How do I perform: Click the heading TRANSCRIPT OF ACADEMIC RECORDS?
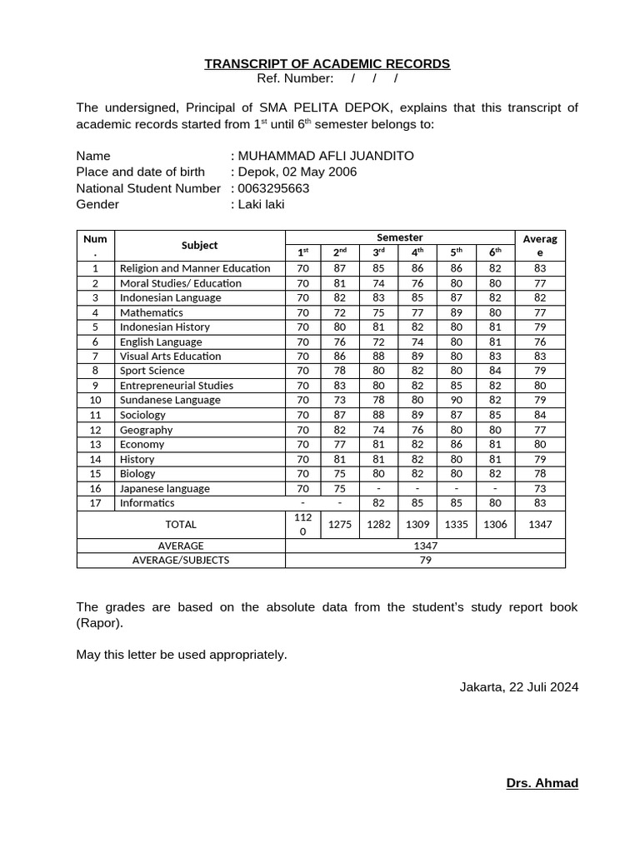pos(327,64)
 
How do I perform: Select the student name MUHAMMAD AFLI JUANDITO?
pos(326,156)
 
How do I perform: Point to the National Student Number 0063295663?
pos(273,188)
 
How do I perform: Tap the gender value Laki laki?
pos(262,204)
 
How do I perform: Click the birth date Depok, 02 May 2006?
pos(297,172)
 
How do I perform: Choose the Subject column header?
pos(199,245)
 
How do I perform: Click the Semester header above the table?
pos(400,237)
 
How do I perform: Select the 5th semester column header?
pos(456,252)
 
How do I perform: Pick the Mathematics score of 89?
pos(456,312)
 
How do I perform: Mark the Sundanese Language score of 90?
pos(456,400)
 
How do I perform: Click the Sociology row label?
pos(142,415)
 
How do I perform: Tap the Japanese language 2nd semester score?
pos(340,488)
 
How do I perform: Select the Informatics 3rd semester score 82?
pos(378,502)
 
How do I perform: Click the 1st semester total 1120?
pos(302,524)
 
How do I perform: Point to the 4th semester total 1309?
pos(417,524)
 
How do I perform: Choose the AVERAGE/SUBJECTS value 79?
pos(425,560)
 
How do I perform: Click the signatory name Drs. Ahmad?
pos(542,783)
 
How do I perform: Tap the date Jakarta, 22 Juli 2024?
pos(518,687)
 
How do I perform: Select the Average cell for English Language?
pos(539,342)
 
